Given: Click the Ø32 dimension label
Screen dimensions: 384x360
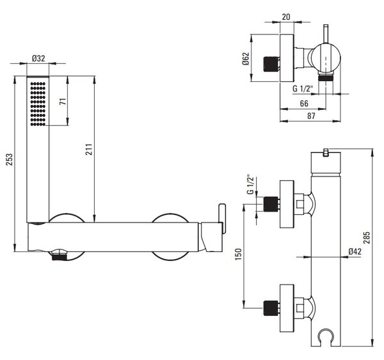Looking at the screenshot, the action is point(38,58).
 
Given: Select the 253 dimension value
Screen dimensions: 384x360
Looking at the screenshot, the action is point(10,160).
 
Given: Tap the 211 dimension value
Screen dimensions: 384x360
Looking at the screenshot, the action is point(89,149).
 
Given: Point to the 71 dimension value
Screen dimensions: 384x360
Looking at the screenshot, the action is point(63,101).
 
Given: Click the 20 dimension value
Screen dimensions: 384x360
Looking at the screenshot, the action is point(286,17).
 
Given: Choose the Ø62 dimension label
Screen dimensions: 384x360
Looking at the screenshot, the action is point(246,59).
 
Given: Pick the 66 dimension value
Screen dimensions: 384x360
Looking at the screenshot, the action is point(304,104).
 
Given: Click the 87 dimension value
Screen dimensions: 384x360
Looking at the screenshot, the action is point(311,116).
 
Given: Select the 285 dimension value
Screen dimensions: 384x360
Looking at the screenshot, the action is point(367,237).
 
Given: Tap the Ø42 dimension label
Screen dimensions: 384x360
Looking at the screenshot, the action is point(355,251).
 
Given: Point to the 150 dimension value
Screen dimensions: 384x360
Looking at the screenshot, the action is point(238,254).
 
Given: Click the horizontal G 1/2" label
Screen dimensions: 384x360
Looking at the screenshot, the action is point(303,88).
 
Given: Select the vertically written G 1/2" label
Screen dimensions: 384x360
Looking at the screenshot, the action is point(250,184).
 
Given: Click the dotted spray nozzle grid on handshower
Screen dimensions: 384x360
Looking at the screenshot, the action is point(38,104).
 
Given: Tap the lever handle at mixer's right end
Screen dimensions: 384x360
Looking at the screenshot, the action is point(222,219).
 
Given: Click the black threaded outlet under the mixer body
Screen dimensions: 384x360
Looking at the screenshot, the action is point(60,257).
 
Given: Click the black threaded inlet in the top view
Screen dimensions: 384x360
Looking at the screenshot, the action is point(271,64).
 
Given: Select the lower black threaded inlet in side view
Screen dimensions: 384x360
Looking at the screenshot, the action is point(271,308).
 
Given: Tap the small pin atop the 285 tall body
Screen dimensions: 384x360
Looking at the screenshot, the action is point(326,152).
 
